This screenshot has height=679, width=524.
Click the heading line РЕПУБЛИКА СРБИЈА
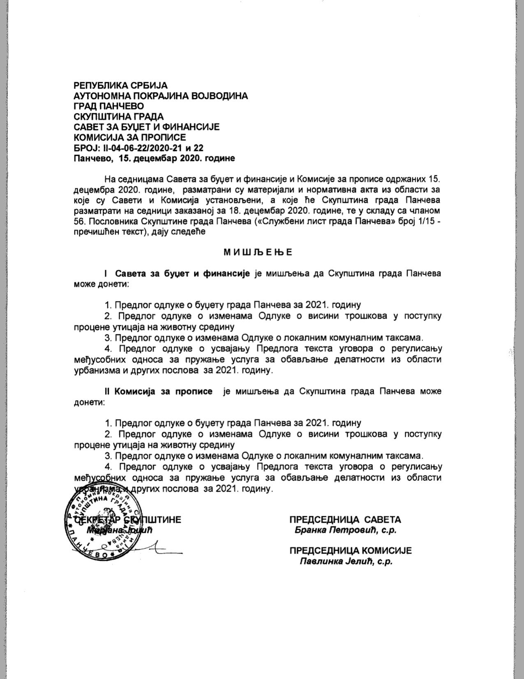pos(120,86)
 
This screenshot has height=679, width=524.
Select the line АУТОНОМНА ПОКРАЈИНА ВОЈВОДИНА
pos(161,96)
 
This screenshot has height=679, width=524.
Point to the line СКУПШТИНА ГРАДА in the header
pos(118,116)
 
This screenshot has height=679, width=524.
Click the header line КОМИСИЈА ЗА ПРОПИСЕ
pos(129,137)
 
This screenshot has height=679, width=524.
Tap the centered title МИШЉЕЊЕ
pos(258,252)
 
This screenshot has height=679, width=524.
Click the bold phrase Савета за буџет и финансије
pos(182,273)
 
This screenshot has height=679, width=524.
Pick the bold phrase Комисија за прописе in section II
pos(164,391)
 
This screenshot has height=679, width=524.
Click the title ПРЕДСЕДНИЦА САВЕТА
pos(345,520)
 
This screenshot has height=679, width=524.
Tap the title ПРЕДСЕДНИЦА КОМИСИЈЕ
pos(350,551)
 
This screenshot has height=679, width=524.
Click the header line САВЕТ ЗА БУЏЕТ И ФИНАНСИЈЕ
pos(147,127)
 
